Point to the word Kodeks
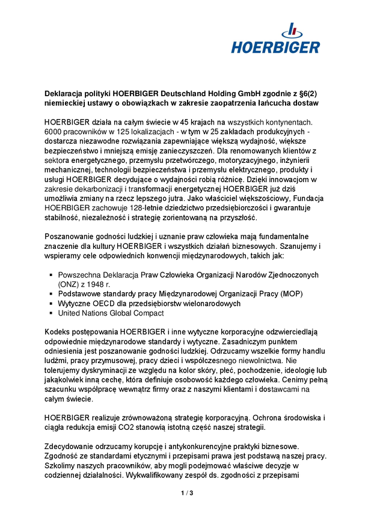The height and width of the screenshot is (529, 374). [58, 332]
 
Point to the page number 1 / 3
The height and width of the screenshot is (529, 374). [187, 494]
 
